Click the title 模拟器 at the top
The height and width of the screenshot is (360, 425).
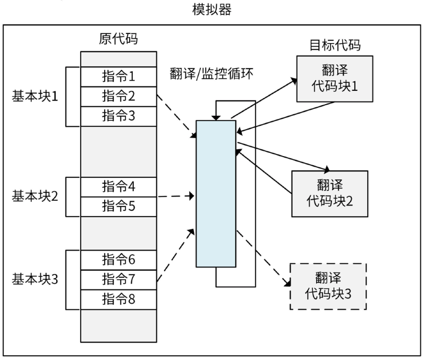[x=211, y=11]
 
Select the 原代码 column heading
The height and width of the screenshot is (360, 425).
[x=118, y=39]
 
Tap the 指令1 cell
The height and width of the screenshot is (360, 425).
[x=118, y=76]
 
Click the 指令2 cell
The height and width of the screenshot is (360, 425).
[x=118, y=96]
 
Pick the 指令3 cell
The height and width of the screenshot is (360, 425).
[x=118, y=116]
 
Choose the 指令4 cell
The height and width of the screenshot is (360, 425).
[x=118, y=186]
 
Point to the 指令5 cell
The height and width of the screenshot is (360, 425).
[x=118, y=206]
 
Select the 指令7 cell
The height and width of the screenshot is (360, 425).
[x=118, y=279]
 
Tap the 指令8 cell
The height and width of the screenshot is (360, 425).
[x=118, y=298]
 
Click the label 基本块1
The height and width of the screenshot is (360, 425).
[x=35, y=97]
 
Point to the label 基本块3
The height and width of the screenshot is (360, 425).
[x=35, y=279]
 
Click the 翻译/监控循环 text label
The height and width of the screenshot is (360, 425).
[x=212, y=73]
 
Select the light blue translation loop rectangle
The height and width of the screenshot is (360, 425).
[x=216, y=194]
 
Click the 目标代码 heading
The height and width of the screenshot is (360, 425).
[x=335, y=45]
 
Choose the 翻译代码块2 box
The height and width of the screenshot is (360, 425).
[x=329, y=193]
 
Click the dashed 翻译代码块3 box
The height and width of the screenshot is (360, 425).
[x=328, y=286]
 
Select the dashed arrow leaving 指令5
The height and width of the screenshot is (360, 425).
[x=175, y=197]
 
